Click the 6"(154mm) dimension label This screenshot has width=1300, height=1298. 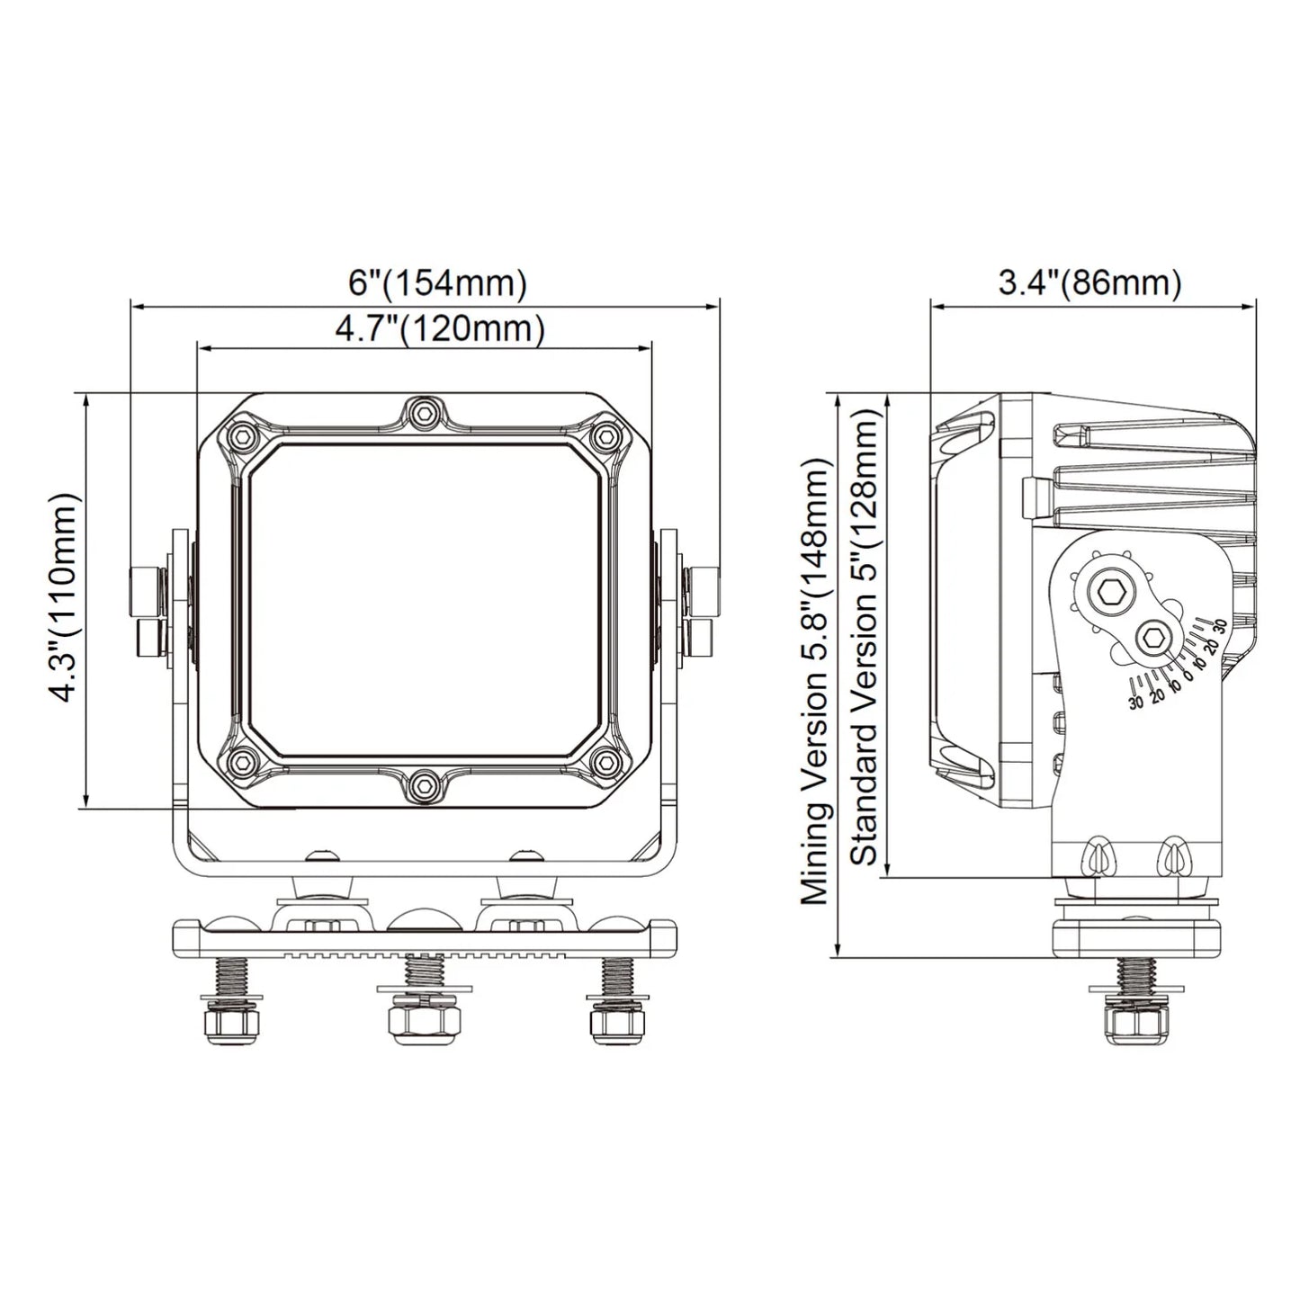click(x=437, y=283)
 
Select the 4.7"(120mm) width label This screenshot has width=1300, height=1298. click(x=439, y=329)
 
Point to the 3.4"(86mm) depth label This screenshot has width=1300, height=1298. click(x=1089, y=283)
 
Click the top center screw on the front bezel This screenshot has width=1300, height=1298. click(x=421, y=413)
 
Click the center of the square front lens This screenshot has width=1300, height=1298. click(x=423, y=599)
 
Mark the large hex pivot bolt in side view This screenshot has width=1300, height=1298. click(x=1105, y=593)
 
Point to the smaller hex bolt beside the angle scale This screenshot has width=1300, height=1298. click(x=1152, y=640)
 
